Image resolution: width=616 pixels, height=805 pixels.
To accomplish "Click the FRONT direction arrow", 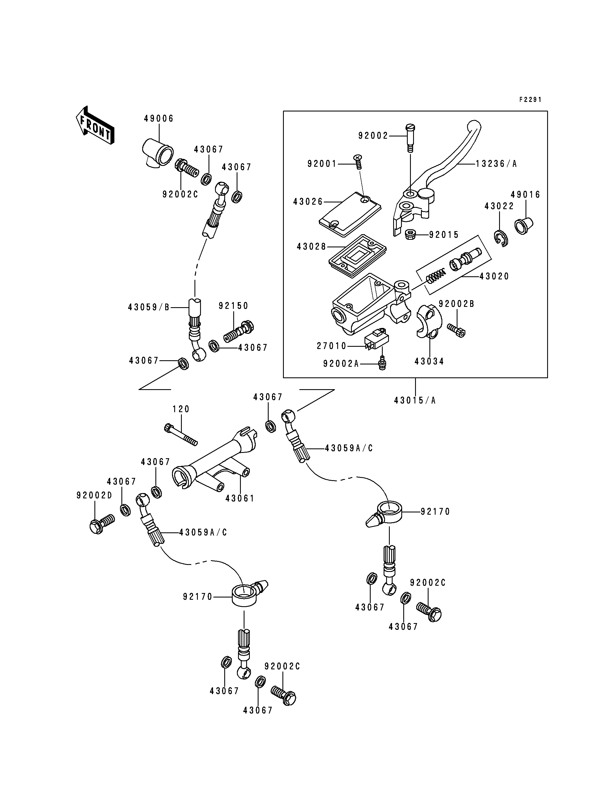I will [95, 125].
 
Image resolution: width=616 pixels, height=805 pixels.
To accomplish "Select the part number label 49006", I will [158, 119].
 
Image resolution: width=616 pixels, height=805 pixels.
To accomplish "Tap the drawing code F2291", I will [530, 100].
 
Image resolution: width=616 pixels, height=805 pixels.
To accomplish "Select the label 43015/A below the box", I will [415, 400].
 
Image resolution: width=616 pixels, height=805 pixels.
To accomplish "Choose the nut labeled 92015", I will [411, 234].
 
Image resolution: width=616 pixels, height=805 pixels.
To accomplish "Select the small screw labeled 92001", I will [358, 161].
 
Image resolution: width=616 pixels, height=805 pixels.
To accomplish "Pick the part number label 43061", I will [240, 498].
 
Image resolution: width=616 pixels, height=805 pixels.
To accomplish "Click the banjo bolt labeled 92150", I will [239, 331].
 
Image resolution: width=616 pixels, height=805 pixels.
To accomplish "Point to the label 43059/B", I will [148, 307].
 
